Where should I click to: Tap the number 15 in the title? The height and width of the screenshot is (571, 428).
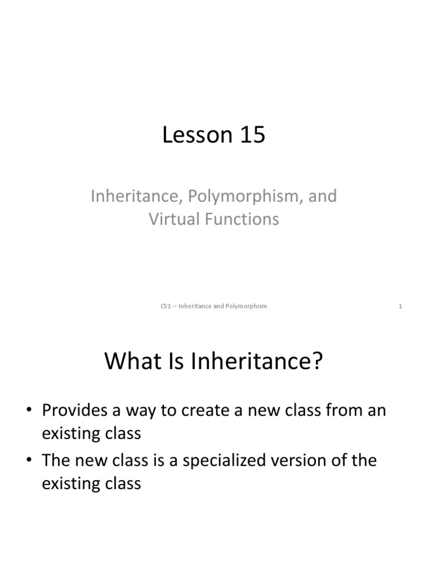(x=251, y=135)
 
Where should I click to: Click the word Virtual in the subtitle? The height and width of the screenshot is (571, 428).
(x=173, y=219)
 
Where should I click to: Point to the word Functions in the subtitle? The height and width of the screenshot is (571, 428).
(x=242, y=219)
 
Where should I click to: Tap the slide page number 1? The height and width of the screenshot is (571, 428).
(x=400, y=306)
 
